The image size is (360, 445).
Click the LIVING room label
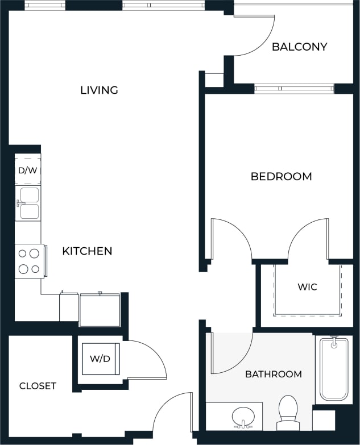pyautogui.click(x=99, y=90)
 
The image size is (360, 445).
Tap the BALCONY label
pyautogui.click(x=299, y=47)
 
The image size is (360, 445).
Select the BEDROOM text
pyautogui.click(x=281, y=176)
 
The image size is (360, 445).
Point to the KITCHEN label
pyautogui.click(x=87, y=251)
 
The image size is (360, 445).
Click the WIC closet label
pyautogui.click(x=307, y=286)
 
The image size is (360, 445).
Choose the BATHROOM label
pyautogui.click(x=273, y=374)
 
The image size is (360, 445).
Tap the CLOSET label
pyautogui.click(x=38, y=386)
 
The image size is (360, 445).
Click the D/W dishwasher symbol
pyautogui.click(x=27, y=170)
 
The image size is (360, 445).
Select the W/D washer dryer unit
pyautogui.click(x=100, y=359)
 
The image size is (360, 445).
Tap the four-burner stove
pyautogui.click(x=29, y=261)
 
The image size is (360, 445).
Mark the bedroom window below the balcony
pyautogui.click(x=293, y=89)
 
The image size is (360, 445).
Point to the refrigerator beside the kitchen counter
pyautogui.click(x=100, y=310)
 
